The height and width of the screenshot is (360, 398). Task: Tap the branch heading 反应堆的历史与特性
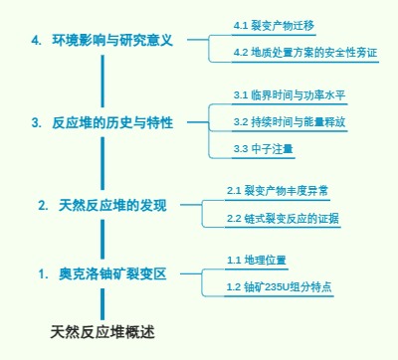[113, 122]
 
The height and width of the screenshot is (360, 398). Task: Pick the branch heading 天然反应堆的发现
[112, 205]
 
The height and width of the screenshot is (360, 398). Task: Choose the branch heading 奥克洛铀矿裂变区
[112, 272]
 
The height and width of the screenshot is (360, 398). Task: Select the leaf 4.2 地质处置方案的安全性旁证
[304, 53]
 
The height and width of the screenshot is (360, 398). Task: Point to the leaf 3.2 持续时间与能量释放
[290, 121]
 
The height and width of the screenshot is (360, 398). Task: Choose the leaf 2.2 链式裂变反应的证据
[284, 217]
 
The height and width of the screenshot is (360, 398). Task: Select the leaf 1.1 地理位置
[256, 260]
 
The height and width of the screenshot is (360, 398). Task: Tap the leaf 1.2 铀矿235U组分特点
[279, 286]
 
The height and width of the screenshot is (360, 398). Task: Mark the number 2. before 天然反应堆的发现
[43, 205]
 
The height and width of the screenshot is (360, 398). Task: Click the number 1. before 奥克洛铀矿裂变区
[43, 272]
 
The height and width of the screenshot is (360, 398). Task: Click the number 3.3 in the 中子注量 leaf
[240, 148]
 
